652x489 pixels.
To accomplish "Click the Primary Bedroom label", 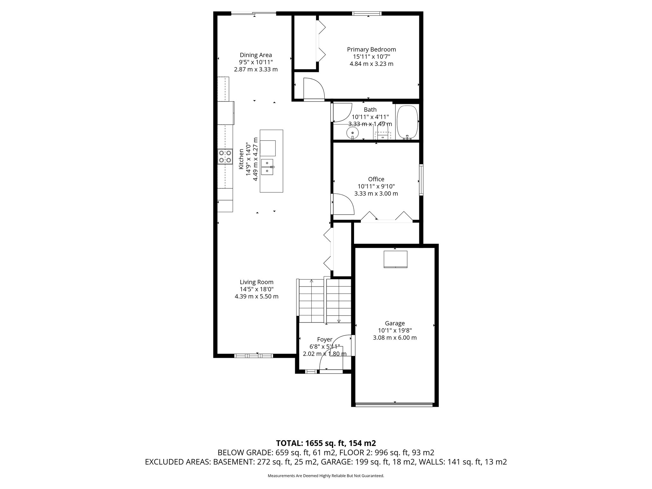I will point(371,50).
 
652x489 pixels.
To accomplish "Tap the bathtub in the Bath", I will point(407,122).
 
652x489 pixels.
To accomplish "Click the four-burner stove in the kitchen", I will point(225,157).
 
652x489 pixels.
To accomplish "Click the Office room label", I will point(376,179).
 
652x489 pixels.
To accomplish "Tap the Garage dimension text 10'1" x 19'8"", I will point(395,330).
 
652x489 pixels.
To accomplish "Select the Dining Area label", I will point(256,55).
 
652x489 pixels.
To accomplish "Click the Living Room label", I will point(256,282).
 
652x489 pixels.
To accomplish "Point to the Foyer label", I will point(324,340).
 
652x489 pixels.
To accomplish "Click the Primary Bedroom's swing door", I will point(313,89).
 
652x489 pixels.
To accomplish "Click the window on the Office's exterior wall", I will point(421,180).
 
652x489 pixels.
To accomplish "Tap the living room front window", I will point(253,356).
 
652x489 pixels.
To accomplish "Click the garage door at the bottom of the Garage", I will point(394,405).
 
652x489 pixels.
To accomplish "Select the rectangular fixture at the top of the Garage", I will point(395,259).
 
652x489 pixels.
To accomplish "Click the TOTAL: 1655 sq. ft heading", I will point(326,443).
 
